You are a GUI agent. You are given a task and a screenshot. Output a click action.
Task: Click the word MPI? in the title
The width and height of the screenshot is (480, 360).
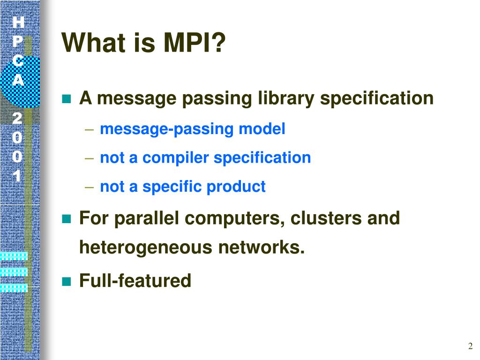[195, 44]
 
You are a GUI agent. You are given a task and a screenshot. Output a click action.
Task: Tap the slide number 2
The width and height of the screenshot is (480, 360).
[470, 346]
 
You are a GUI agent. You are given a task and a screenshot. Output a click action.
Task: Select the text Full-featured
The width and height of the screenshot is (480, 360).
[135, 281]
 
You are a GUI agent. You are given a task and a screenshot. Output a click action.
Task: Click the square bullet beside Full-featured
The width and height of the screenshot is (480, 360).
[66, 281]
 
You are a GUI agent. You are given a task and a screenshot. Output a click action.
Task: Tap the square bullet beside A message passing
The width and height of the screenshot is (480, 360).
[66, 99]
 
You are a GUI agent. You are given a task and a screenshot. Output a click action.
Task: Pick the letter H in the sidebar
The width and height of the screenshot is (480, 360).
[18, 22]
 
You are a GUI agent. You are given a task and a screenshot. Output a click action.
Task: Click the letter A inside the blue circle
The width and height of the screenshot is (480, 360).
[18, 80]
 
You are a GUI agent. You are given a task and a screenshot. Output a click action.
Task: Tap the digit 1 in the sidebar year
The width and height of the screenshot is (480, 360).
[17, 176]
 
